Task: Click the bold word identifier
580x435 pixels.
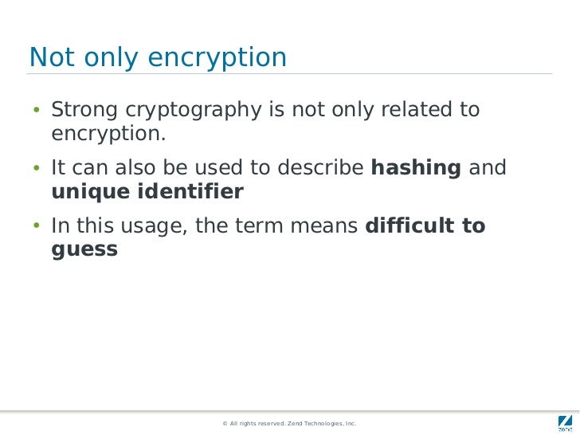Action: [x=191, y=192]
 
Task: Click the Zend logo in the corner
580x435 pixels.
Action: [x=563, y=423]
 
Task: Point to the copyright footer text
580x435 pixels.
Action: [x=289, y=424]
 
